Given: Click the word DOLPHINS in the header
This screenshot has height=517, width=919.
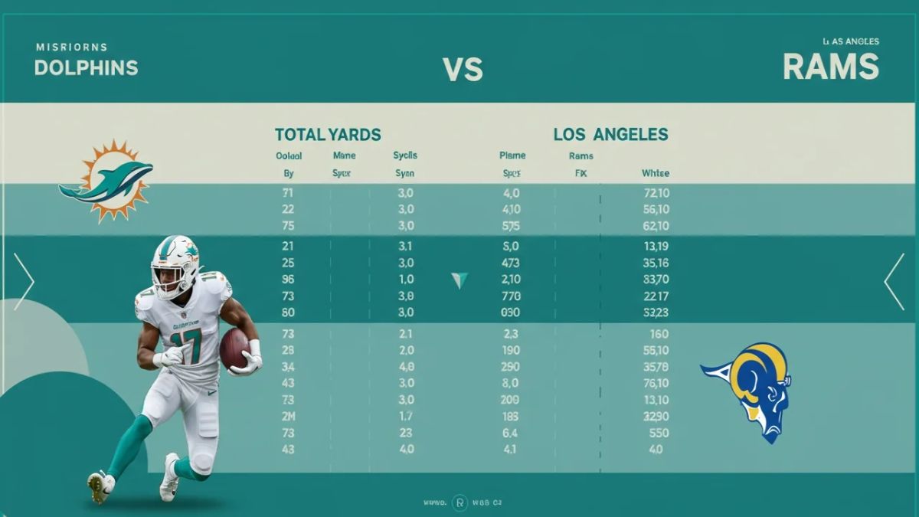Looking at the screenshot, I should click(86, 67).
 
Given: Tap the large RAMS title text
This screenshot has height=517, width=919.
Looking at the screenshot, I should click(830, 67).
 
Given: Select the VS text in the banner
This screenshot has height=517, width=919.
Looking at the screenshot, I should click(463, 70).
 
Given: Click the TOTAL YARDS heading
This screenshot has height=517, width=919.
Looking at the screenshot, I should click(328, 135).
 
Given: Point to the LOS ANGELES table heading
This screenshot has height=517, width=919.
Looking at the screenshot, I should click(610, 135).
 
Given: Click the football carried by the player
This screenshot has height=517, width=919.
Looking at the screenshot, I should click(234, 348).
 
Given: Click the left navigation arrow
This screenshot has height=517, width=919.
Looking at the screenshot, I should click(24, 282).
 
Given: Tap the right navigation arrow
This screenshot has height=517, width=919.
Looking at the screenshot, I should click(894, 282).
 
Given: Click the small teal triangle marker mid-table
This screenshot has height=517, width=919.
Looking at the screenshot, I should click(459, 280).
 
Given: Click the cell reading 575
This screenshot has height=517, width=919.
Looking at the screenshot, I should click(510, 226).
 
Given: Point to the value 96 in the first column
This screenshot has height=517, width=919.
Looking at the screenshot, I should click(289, 280).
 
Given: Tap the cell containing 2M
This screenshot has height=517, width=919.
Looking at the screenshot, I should click(289, 416).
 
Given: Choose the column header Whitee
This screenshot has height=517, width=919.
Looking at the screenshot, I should click(655, 174).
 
